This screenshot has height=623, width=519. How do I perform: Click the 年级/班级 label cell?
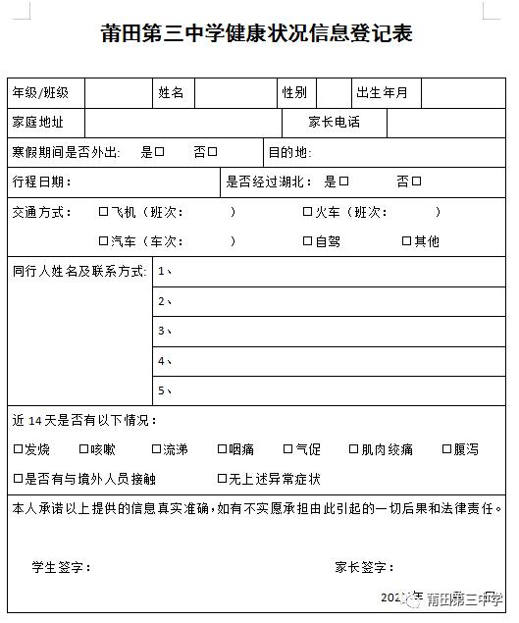pyautogui.click(x=40, y=93)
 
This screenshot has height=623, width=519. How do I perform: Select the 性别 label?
pyautogui.click(x=294, y=93)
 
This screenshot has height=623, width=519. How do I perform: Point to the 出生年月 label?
pyautogui.click(x=382, y=93)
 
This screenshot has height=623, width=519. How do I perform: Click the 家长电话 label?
pyautogui.click(x=334, y=123)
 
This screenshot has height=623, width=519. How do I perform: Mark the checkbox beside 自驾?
pyautogui.click(x=307, y=241)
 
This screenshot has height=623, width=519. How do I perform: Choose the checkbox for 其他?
pyautogui.click(x=406, y=241)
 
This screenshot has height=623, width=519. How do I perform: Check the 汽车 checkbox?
pyautogui.click(x=103, y=241)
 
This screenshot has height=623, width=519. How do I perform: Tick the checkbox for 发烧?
pyautogui.click(x=18, y=449)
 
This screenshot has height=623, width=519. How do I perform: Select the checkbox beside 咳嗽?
pyautogui.click(x=82, y=449)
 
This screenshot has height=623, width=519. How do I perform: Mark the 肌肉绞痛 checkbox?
pyautogui.click(x=353, y=449)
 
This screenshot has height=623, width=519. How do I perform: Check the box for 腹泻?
pyautogui.click(x=446, y=449)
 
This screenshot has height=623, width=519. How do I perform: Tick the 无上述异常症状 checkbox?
pyautogui.click(x=223, y=479)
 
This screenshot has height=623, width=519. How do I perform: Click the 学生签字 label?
pyautogui.click(x=62, y=567)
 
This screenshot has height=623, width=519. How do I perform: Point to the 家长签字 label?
pyautogui.click(x=364, y=567)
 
